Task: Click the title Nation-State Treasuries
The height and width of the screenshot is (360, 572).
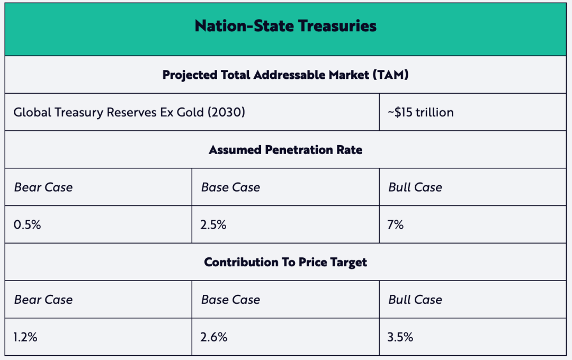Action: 285,26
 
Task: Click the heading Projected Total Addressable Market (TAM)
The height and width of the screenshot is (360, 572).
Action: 285,75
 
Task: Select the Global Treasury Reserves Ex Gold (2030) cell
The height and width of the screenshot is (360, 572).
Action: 129,112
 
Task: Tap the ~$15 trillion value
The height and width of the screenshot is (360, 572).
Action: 421,112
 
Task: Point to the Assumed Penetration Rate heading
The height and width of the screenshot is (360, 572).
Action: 285,150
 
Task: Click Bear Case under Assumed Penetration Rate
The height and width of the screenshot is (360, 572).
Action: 43,187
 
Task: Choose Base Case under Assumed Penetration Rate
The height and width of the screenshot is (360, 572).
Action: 230,187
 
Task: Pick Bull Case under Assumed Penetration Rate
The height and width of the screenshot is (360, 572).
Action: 415,187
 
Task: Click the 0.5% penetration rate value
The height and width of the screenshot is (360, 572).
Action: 28,224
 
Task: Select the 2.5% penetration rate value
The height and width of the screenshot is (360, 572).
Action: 214,224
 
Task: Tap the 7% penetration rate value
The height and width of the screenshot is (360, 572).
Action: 396,224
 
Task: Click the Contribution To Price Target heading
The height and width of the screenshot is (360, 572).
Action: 285,262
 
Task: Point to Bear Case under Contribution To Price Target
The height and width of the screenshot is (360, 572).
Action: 43,300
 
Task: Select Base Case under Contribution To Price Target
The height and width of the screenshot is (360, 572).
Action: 230,300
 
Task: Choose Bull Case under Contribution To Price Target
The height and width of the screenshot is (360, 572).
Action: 415,300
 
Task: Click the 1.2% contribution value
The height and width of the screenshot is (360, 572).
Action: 26,337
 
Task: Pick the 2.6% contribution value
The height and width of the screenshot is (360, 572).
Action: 214,337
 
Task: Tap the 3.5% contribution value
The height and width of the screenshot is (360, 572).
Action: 401,337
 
